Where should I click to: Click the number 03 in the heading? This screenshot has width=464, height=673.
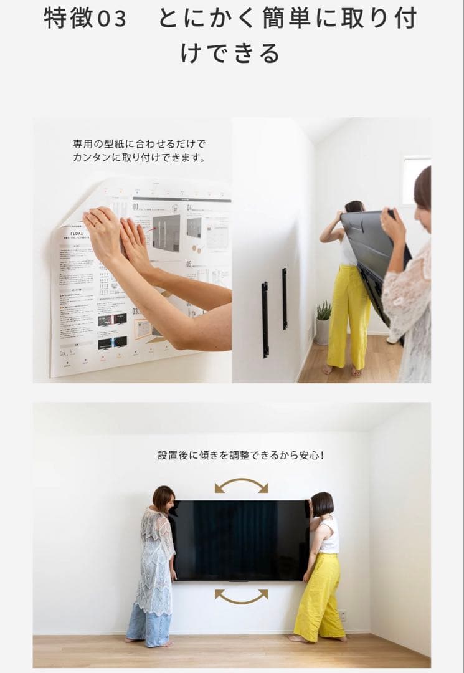(x=112, y=19)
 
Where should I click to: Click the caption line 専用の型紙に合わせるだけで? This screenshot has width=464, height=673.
(x=139, y=144)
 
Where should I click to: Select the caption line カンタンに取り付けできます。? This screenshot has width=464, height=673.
(x=139, y=158)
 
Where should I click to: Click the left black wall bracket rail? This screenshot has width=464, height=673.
(x=265, y=319)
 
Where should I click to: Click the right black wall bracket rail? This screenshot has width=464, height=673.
(x=285, y=298)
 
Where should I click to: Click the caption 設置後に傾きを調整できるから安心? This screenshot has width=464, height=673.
(x=240, y=456)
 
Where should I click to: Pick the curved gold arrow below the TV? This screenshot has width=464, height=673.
(x=242, y=596)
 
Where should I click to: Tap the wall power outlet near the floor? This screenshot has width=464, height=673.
(x=341, y=614)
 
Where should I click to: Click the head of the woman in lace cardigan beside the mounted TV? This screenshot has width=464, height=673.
(x=163, y=499)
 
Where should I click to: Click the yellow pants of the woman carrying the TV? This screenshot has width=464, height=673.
(x=345, y=318)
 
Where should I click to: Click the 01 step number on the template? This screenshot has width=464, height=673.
(x=136, y=206)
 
